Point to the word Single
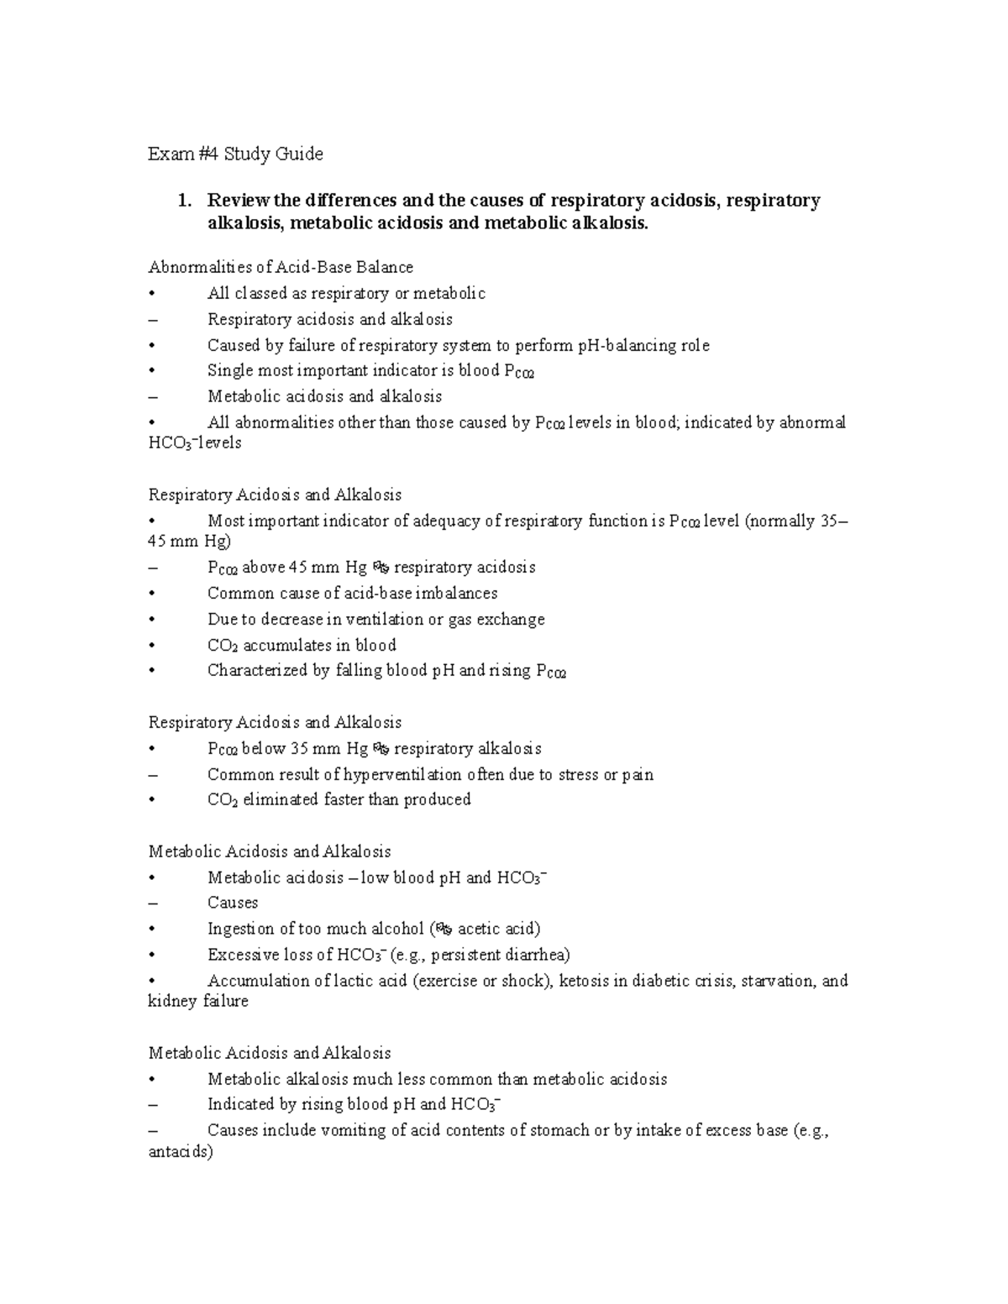(230, 371)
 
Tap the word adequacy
(449, 521)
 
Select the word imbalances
(462, 594)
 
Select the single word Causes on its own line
(233, 903)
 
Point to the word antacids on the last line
(178, 1153)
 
